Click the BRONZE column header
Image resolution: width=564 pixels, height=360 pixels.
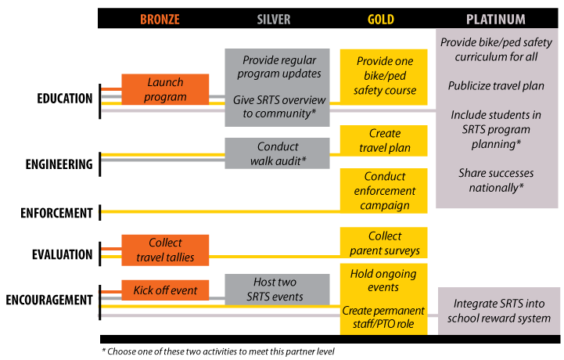pos(160,19)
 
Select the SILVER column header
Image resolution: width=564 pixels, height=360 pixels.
pos(273,19)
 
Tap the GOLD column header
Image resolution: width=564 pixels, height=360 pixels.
pos(380,19)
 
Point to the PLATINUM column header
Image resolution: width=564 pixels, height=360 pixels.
pos(496,19)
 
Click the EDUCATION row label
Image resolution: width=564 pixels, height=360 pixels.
pos(65,99)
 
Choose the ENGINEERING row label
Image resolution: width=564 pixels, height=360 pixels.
pos(59,164)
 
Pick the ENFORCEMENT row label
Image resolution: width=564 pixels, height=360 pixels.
pos(56,213)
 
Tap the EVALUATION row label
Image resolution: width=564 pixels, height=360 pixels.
pos(63,254)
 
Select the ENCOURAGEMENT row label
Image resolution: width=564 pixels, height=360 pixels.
pos(49,300)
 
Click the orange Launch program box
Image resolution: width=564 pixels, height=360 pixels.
pos(165,89)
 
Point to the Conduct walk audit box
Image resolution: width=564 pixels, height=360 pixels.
pos(278,153)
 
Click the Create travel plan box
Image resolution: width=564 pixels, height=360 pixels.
pos(384,141)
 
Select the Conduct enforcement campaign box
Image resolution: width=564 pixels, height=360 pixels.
pos(384,191)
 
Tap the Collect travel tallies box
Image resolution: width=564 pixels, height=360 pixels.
pos(165,250)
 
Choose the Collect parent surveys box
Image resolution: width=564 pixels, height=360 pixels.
pos(384,243)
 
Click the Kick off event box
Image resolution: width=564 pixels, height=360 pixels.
pos(165,290)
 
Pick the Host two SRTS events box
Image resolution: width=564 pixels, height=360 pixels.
pos(278,290)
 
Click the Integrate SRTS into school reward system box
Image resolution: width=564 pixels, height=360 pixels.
pos(499,311)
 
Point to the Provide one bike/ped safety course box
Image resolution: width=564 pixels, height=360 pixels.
pos(384,77)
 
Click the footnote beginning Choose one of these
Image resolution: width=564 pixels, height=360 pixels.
pos(218,351)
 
